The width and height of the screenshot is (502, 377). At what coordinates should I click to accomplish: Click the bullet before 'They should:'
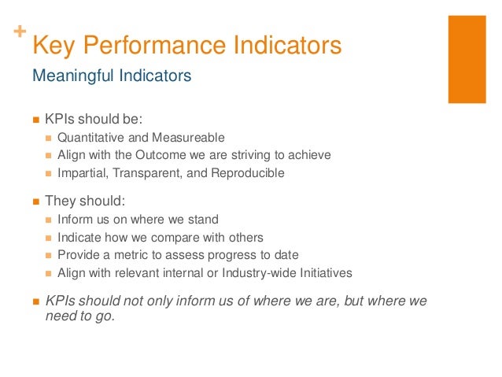pos(35,201)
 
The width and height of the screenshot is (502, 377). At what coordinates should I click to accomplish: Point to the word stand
pos(203,220)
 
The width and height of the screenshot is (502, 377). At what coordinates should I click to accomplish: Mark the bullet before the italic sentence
pos(35,302)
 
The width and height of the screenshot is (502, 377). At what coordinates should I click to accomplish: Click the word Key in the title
pos(50,46)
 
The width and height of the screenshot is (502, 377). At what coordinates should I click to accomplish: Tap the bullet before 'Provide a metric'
pos(49,256)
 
